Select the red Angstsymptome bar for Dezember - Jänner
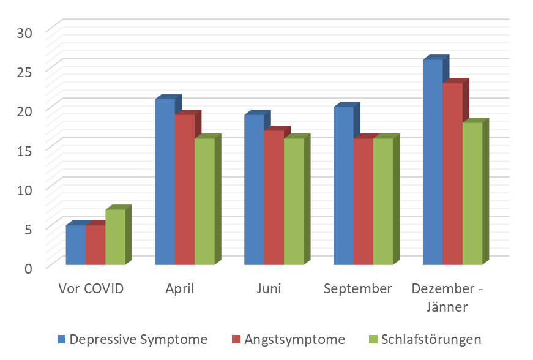(x=452, y=174)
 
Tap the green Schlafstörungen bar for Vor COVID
(x=115, y=237)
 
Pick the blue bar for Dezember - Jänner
(x=433, y=162)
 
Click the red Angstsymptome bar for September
(x=363, y=201)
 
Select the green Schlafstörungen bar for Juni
(x=293, y=201)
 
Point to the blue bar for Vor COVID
(x=75, y=245)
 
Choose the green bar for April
(x=204, y=201)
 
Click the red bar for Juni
(x=274, y=198)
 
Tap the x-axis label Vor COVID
(x=91, y=288)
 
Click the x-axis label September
(x=358, y=288)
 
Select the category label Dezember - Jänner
(x=447, y=297)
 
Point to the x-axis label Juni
(x=269, y=288)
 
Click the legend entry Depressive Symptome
(x=138, y=339)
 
